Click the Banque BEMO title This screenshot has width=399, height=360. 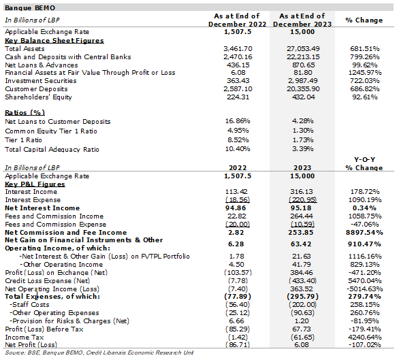click(30, 8)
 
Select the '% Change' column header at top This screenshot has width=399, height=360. click(364, 20)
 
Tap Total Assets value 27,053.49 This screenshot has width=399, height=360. click(303, 48)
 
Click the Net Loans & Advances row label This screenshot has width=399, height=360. click(42, 65)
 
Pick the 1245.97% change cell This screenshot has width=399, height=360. click(365, 73)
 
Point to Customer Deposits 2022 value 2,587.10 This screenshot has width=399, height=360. click(238, 88)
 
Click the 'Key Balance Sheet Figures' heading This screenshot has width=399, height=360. click(54, 40)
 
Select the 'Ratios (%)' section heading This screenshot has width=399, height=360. click(25, 112)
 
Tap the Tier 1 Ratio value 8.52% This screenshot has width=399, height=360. click(238, 140)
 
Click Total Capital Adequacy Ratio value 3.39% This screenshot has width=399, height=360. click(302, 148)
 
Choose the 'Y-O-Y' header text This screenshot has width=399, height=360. click(364, 159)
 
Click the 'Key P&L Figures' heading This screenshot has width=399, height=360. click(35, 184)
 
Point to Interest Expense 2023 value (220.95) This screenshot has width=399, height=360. click(303, 199)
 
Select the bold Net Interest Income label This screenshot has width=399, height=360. click(42, 208)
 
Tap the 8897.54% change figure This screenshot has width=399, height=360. click(364, 232)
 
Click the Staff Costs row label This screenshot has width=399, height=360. click(29, 305)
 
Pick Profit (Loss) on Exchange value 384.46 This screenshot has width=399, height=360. click(302, 272)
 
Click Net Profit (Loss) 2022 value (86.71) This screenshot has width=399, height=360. click(238, 345)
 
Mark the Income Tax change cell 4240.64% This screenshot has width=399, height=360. click(365, 337)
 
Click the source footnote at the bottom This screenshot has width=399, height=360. click(99, 353)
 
